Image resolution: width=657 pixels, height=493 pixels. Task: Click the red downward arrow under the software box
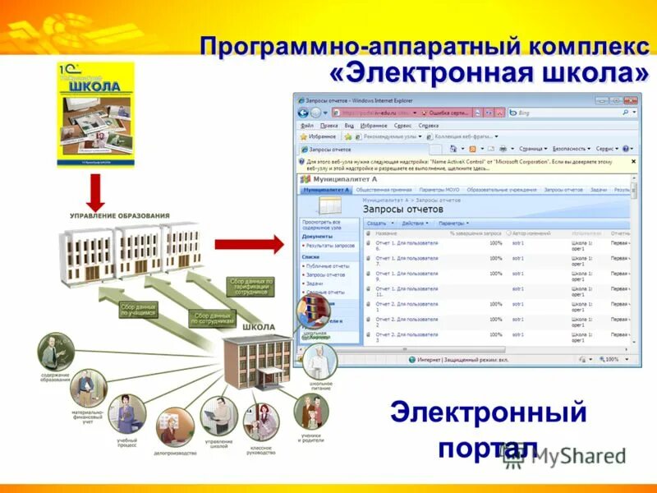95,191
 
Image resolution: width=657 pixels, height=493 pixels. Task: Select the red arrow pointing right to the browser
247,244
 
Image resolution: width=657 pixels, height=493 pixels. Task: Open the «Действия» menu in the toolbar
416,223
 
